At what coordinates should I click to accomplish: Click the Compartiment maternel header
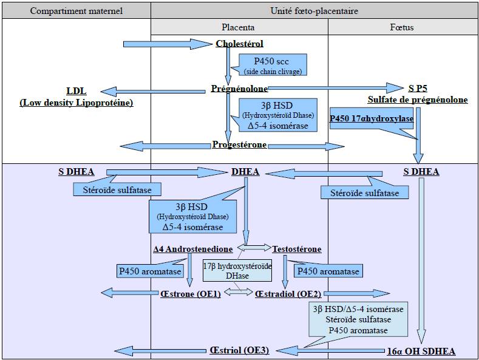[x=76, y=12]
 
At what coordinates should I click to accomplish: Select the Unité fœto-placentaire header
[x=314, y=12]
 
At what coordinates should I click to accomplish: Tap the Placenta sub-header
[x=238, y=27]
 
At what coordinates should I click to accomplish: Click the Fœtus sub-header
[x=402, y=27]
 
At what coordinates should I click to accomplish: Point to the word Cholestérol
[x=239, y=44]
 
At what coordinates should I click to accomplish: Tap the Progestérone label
[x=240, y=145]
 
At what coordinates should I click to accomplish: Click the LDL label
[x=76, y=91]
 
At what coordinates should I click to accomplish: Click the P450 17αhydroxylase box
[x=372, y=119]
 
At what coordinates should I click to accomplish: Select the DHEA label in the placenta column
[x=245, y=172]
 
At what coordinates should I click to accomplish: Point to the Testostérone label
[x=297, y=249]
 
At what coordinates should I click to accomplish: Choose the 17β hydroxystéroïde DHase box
[x=237, y=271]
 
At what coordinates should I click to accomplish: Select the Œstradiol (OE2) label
[x=288, y=294]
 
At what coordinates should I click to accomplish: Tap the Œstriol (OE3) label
[x=239, y=350]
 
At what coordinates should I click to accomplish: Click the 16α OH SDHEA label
[x=421, y=351]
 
